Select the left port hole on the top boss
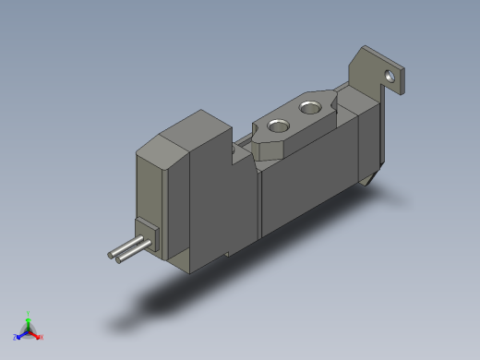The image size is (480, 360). click(x=274, y=125)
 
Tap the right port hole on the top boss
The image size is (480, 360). click(x=308, y=110)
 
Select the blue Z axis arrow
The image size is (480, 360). click(x=20, y=334)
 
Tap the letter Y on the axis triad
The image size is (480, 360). click(x=29, y=313)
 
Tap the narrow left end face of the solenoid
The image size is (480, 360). click(x=148, y=194)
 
